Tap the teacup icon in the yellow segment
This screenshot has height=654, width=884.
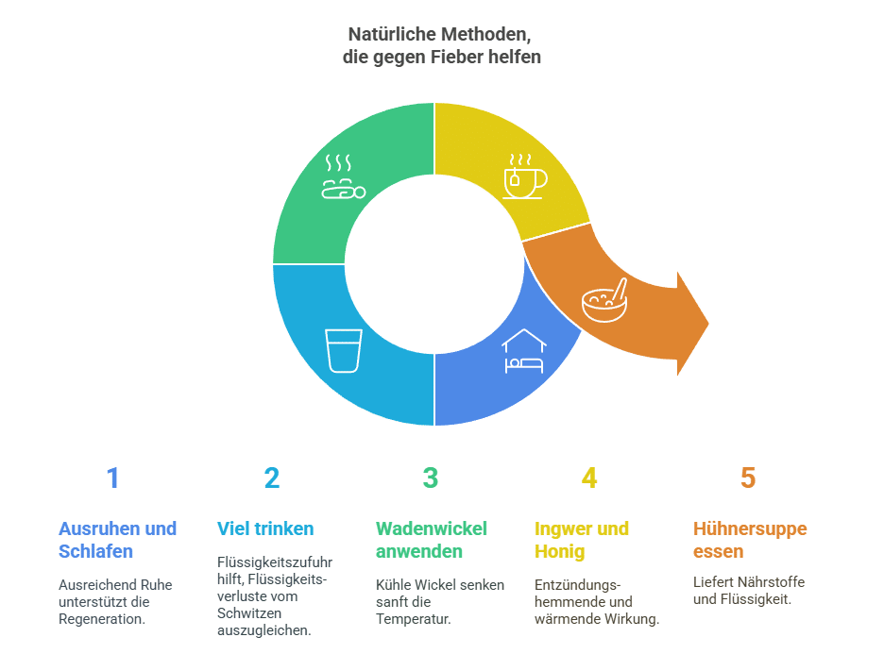pos(524,177)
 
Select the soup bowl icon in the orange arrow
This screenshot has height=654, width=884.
pos(604,301)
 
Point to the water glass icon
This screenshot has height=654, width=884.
pos(344,350)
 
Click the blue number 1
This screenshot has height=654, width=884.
pos(113,478)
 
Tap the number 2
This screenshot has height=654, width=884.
pos(272,478)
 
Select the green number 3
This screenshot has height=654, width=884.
pos(431,478)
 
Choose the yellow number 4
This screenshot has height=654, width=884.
pos(589,478)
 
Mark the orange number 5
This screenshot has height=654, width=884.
pos(748,478)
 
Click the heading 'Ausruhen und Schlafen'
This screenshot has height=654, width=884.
pos(117,540)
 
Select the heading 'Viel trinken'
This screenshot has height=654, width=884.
pos(265,528)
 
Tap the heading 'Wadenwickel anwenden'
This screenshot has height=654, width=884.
pos(432,540)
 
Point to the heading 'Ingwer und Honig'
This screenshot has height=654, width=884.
pos(582,540)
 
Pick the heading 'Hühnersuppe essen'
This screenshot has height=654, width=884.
pos(750,540)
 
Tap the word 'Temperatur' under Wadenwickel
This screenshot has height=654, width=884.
pos(415,620)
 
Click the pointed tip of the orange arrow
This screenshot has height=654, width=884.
pos(707,324)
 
